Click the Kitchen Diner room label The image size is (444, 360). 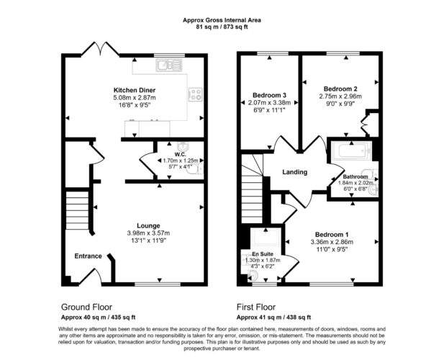135,90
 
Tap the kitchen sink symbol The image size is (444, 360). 169,65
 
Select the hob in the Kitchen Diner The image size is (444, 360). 196,94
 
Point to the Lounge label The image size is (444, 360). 148,226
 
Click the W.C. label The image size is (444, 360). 181,154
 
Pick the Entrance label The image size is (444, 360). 88,256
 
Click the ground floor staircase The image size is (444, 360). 77,210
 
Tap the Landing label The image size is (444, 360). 295,172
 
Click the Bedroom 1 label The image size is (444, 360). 332,235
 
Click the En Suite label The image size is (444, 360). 262,254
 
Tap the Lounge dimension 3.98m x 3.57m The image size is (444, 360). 148,233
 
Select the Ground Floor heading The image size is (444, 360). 86,307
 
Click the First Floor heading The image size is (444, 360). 256,307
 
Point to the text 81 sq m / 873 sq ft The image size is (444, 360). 222,27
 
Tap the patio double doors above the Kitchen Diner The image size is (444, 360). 100,49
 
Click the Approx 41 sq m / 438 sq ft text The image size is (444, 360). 273,318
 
